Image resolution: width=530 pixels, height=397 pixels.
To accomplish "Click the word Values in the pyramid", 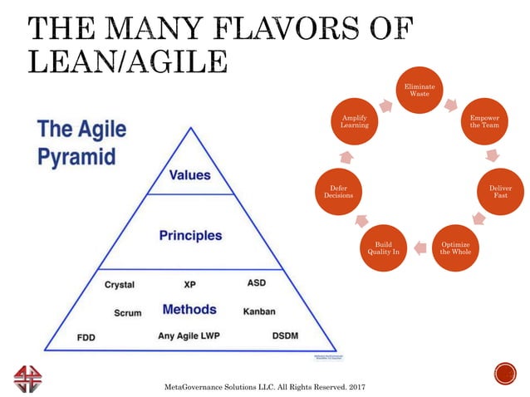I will point(190,175).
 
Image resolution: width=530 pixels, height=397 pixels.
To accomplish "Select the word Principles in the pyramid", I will point(190,235).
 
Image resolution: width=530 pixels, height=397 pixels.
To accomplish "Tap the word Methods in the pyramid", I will point(189,309).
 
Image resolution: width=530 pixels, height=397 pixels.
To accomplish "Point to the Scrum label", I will point(127,313).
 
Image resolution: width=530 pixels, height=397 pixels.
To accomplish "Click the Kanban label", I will point(259,311).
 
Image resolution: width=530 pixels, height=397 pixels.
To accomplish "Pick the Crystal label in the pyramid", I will point(120,285).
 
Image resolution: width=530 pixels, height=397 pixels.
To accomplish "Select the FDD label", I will point(86,338).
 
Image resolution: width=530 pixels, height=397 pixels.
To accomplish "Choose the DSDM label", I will point(286,336).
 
